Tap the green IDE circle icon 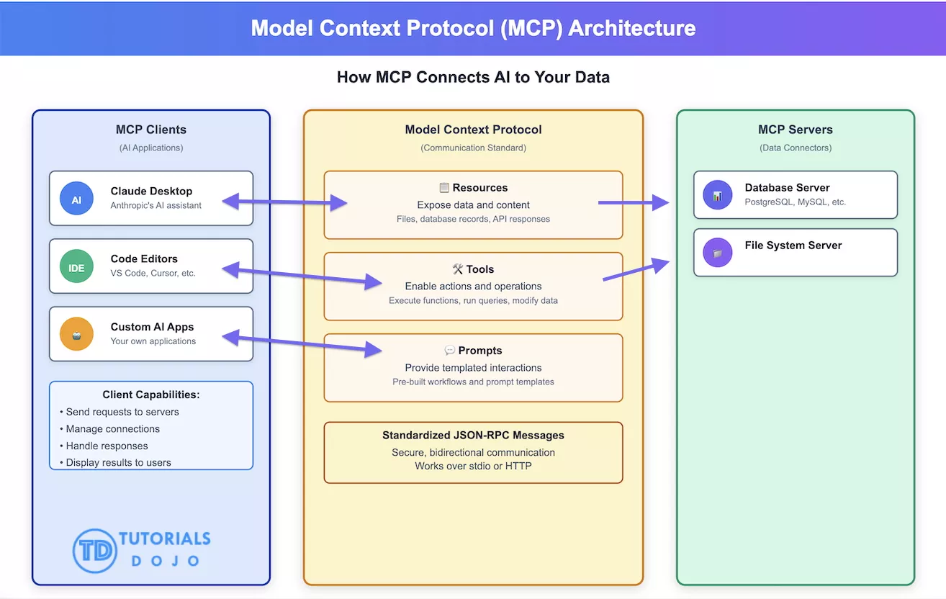[76, 267]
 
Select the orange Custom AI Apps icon [76, 334]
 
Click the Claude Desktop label [151, 191]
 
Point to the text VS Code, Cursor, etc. [153, 274]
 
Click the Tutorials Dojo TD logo [94, 551]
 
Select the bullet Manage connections [112, 429]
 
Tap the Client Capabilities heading [151, 395]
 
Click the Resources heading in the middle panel [473, 188]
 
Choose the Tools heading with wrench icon [473, 269]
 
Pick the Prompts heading [473, 351]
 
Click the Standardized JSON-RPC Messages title [473, 436]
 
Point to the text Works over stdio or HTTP [473, 467]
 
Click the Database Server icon [717, 195]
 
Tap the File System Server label [793, 246]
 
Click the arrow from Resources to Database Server [634, 203]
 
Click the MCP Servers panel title [795, 130]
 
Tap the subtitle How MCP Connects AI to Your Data [473, 77]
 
